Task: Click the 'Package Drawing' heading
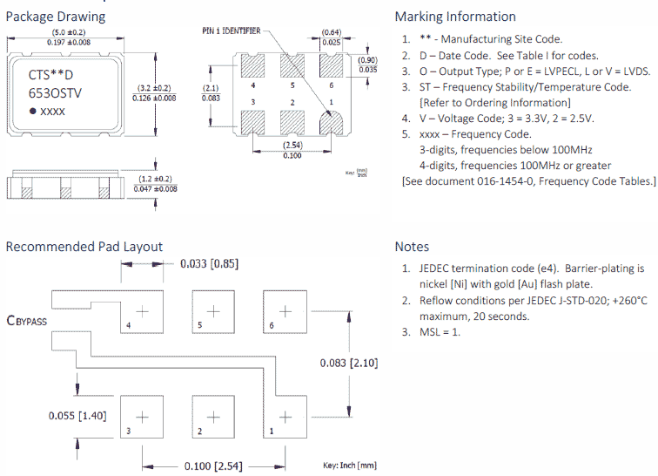pos(56,16)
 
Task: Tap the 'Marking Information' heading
pos(455,16)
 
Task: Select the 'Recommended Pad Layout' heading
pos(84,247)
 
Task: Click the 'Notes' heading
pos(412,247)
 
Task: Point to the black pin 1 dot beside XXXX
pos(33,112)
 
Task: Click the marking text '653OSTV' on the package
pos(55,92)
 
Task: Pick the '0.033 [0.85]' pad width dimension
pos(209,263)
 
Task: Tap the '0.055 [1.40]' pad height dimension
pos(77,415)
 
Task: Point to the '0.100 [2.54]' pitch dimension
pos(212,466)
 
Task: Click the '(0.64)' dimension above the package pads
pos(331,33)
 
